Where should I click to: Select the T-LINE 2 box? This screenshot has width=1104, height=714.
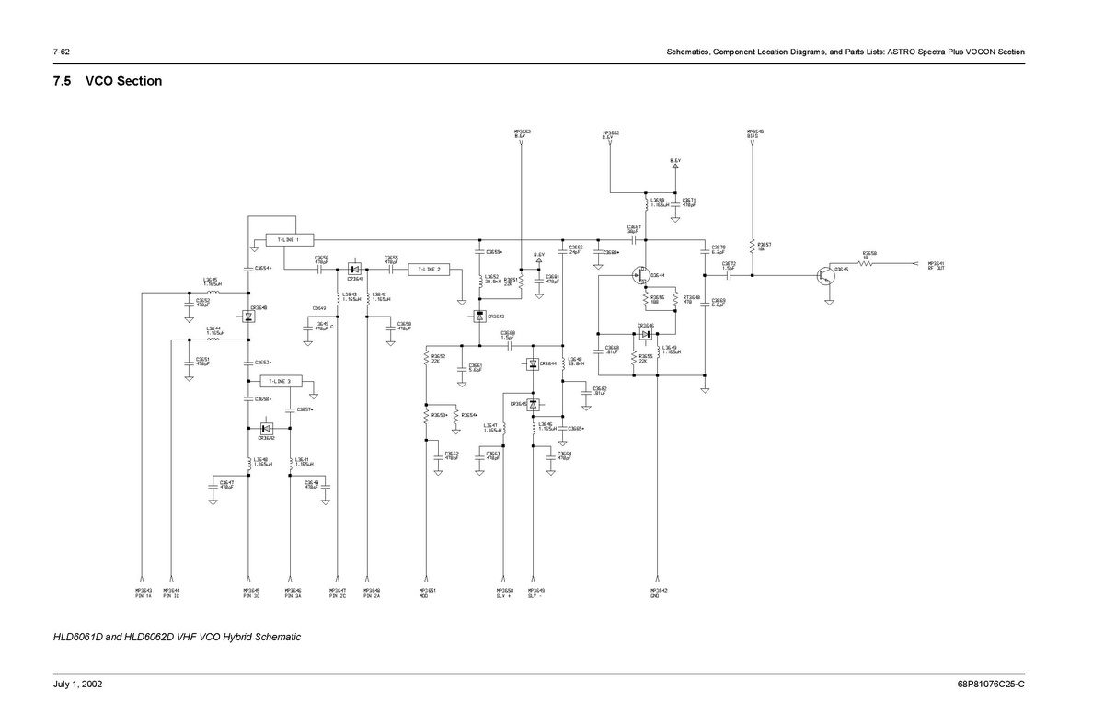[429, 270]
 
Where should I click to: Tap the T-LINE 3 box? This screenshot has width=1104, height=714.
[280, 381]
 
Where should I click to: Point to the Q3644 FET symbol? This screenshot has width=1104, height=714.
[640, 274]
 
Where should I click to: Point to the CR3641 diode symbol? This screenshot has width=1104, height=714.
[354, 269]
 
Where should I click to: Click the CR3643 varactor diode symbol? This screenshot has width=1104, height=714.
[478, 317]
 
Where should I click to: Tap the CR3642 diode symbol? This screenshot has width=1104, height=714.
[267, 428]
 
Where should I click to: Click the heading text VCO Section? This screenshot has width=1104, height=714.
[123, 81]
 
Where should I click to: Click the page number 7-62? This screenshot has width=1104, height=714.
[63, 52]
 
